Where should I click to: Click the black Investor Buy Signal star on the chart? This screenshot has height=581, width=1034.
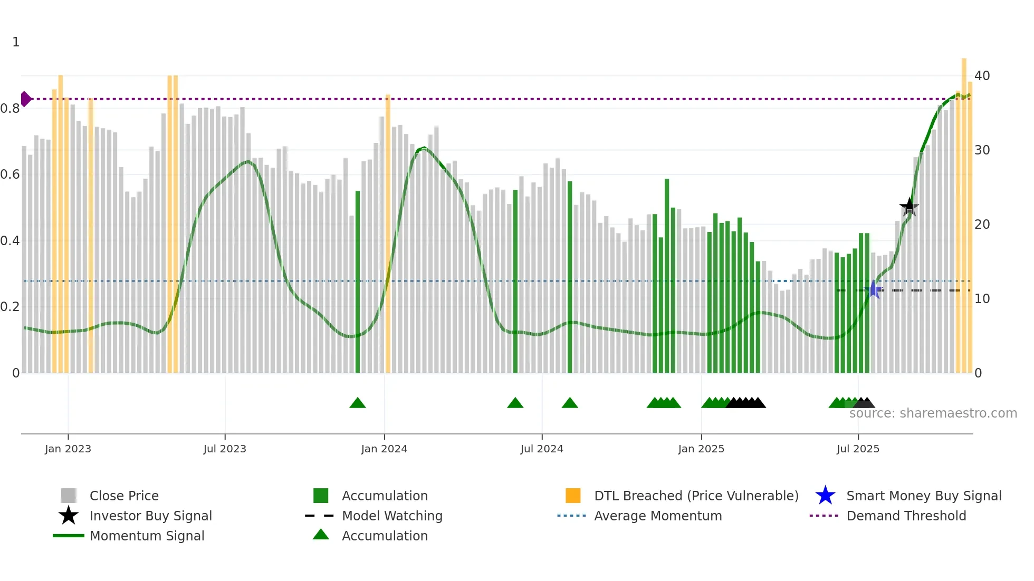pos(909,207)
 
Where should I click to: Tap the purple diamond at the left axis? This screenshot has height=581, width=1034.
pos(25,99)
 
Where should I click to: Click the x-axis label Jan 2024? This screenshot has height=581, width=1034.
pos(384,449)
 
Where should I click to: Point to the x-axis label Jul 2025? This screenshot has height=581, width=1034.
pos(858,449)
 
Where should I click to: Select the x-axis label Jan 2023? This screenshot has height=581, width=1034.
pos(68,449)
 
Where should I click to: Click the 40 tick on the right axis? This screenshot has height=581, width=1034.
pos(982,75)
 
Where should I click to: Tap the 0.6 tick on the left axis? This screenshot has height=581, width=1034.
pos(11,175)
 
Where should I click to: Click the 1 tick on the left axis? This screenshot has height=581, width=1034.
pos(16,42)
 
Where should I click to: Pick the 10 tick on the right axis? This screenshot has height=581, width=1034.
pos(982,299)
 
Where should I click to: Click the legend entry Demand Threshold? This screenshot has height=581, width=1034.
pos(906,516)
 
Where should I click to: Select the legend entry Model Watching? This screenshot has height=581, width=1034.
pos(392,516)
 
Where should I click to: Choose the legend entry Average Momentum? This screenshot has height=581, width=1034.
pos(658,516)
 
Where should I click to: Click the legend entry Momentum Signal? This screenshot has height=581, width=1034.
pos(147,536)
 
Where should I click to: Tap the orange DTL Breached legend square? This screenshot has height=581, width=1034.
pos(573,496)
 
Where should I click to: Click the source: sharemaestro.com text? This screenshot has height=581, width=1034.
pos(933,413)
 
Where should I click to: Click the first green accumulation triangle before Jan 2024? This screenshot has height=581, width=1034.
pos(358,403)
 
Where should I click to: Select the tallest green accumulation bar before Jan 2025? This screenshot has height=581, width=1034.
pos(667,274)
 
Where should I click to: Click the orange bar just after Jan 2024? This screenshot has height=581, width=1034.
pos(388,232)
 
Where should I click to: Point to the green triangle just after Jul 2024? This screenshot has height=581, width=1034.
pos(570,403)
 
